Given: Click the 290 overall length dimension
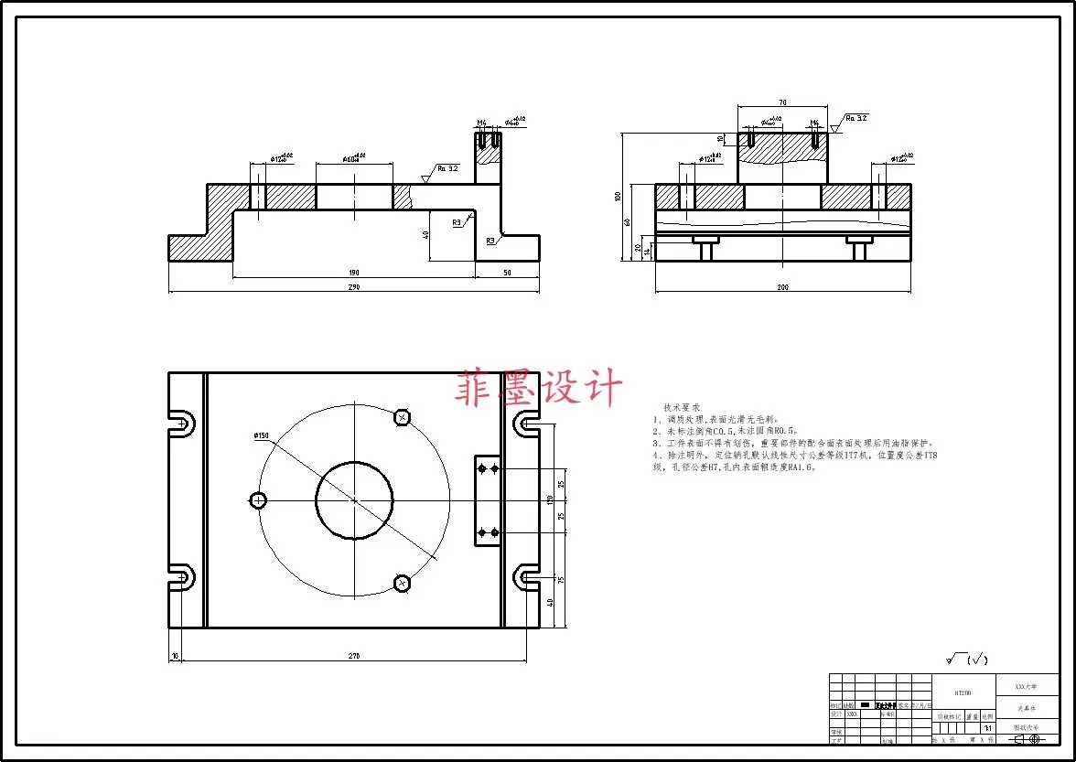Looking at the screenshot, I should pos(354,287).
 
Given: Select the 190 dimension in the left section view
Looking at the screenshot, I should pos(354,273).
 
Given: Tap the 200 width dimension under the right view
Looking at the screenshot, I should pos(783,287).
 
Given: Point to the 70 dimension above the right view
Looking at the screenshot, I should pos(783,102).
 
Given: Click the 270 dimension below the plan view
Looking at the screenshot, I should pos(354,656).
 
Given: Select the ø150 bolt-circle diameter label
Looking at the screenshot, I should pos(262,435).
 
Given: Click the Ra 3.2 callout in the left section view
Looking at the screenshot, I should pos(447,168).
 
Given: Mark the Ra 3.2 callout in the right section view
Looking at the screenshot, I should pos(855,118).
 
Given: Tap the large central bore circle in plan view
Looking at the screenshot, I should pos(354,499).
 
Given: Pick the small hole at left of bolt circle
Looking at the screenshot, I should pos(258,499).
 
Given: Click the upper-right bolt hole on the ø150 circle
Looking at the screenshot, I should pos(401,417).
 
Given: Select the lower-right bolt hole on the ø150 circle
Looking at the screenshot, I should pos(401,582).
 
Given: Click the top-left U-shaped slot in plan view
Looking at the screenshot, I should pos(181,423).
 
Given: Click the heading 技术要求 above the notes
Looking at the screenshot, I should pos(682,406).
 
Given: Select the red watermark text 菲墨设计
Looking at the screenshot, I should pos(539,389).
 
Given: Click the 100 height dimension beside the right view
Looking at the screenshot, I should pos(619,197).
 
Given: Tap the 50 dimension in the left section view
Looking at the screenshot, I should pos(507,273).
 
